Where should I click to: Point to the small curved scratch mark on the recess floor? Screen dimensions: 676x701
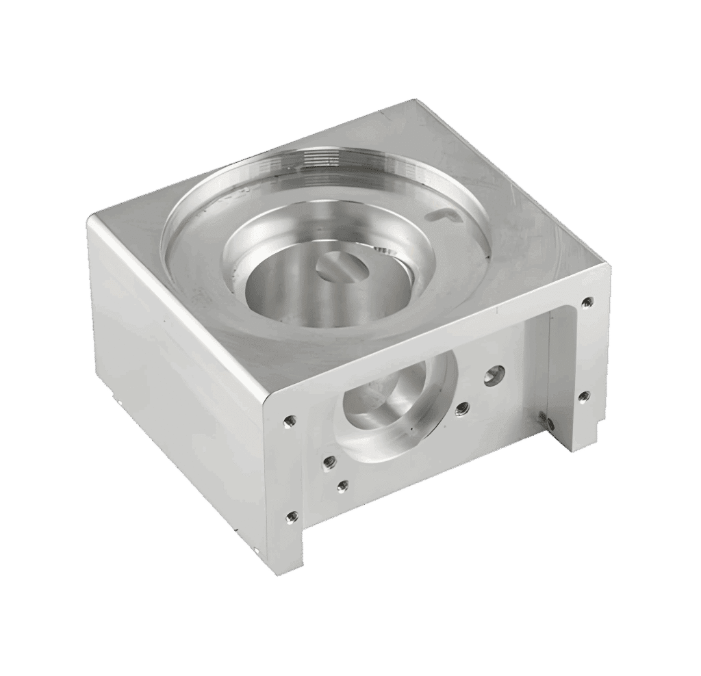pos(440,214)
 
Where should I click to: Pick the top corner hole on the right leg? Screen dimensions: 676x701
pos(587,300)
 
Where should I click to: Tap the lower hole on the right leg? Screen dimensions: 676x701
pos(584,395)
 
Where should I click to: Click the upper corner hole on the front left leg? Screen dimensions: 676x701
pos(288,419)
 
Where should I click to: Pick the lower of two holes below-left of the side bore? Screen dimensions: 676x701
pos(342,486)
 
